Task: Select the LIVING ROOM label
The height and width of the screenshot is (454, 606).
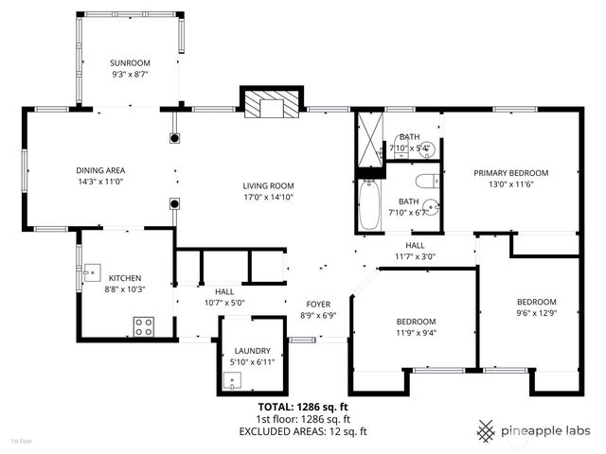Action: pos(268,185)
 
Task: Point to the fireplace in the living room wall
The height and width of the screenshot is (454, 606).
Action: pos(273,104)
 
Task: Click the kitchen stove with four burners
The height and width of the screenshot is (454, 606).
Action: pos(144,326)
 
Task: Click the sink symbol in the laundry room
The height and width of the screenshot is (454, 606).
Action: pos(232,380)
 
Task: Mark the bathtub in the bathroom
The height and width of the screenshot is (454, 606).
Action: pos(369,205)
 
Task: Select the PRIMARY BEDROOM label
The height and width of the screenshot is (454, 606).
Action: pos(511,173)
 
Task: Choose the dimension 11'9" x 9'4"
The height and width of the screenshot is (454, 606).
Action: pos(416,332)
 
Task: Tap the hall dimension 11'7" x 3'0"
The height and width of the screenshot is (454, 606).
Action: pos(414,255)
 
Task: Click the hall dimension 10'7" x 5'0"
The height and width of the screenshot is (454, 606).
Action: pos(224,303)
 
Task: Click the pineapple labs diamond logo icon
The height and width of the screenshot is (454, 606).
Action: pos(486,430)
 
